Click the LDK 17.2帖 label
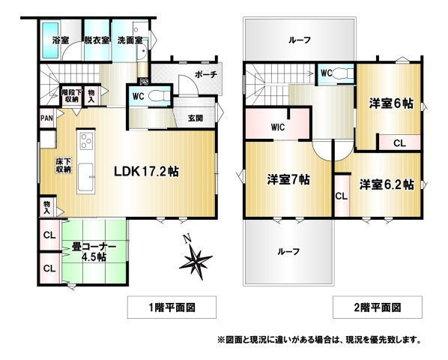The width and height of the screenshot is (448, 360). [x=147, y=172]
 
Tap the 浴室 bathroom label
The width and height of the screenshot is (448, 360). [x=61, y=40]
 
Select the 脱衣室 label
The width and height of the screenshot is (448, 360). [x=97, y=40]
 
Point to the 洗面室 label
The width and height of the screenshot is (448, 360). [x=130, y=40]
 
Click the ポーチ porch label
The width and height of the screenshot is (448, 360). [x=206, y=74]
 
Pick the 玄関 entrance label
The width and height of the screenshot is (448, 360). [x=196, y=118]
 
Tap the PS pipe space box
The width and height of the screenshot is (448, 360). [x=144, y=82]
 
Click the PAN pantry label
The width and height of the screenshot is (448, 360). [x=47, y=118]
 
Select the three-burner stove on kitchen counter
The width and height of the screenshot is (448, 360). [x=86, y=141]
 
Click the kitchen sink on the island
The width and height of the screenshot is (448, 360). [x=85, y=177]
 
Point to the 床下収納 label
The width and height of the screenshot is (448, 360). [x=63, y=165]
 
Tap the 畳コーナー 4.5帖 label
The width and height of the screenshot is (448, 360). [x=94, y=252]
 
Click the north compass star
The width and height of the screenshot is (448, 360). [x=196, y=260]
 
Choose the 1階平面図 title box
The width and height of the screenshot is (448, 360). [x=172, y=307]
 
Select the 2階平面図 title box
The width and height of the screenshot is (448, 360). [x=378, y=307]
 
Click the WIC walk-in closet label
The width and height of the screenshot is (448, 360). [x=278, y=127]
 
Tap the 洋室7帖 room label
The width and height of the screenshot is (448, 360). [x=288, y=180]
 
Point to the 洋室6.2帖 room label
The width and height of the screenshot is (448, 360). [x=387, y=184]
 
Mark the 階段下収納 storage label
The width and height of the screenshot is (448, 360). [x=71, y=96]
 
